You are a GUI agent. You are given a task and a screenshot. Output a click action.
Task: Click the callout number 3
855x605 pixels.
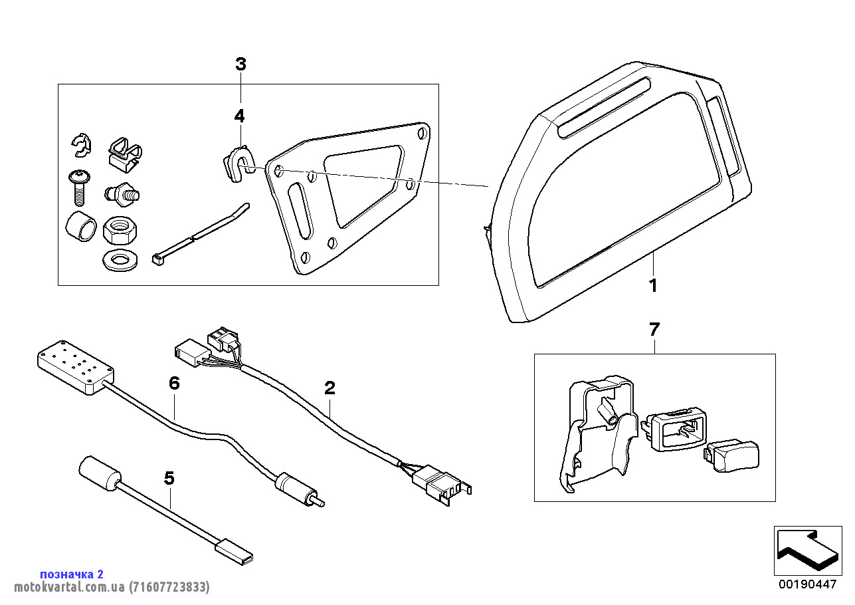coord(240,64)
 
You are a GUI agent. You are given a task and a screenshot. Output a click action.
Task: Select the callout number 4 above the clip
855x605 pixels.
coord(239,116)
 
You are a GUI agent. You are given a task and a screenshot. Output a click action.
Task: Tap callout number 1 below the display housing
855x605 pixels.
coord(653,286)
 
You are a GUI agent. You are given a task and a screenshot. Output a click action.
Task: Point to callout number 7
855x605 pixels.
coord(654,329)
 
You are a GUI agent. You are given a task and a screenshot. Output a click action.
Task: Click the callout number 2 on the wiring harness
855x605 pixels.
coord(330,388)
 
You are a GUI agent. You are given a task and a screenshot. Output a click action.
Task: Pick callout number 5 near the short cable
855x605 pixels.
coord(169,478)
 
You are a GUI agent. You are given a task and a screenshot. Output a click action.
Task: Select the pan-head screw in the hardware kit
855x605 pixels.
coord(77,185)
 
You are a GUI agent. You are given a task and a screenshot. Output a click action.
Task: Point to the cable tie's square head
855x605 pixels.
coord(158,260)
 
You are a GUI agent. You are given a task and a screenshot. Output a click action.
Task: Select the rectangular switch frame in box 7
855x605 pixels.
coord(676,430)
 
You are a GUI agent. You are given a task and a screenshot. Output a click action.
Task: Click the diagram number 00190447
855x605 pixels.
coord(807,584)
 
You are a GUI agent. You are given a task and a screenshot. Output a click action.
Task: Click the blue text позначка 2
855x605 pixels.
coord(72,574)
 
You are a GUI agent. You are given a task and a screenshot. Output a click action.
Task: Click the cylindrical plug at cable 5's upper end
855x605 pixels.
coord(100,473)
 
